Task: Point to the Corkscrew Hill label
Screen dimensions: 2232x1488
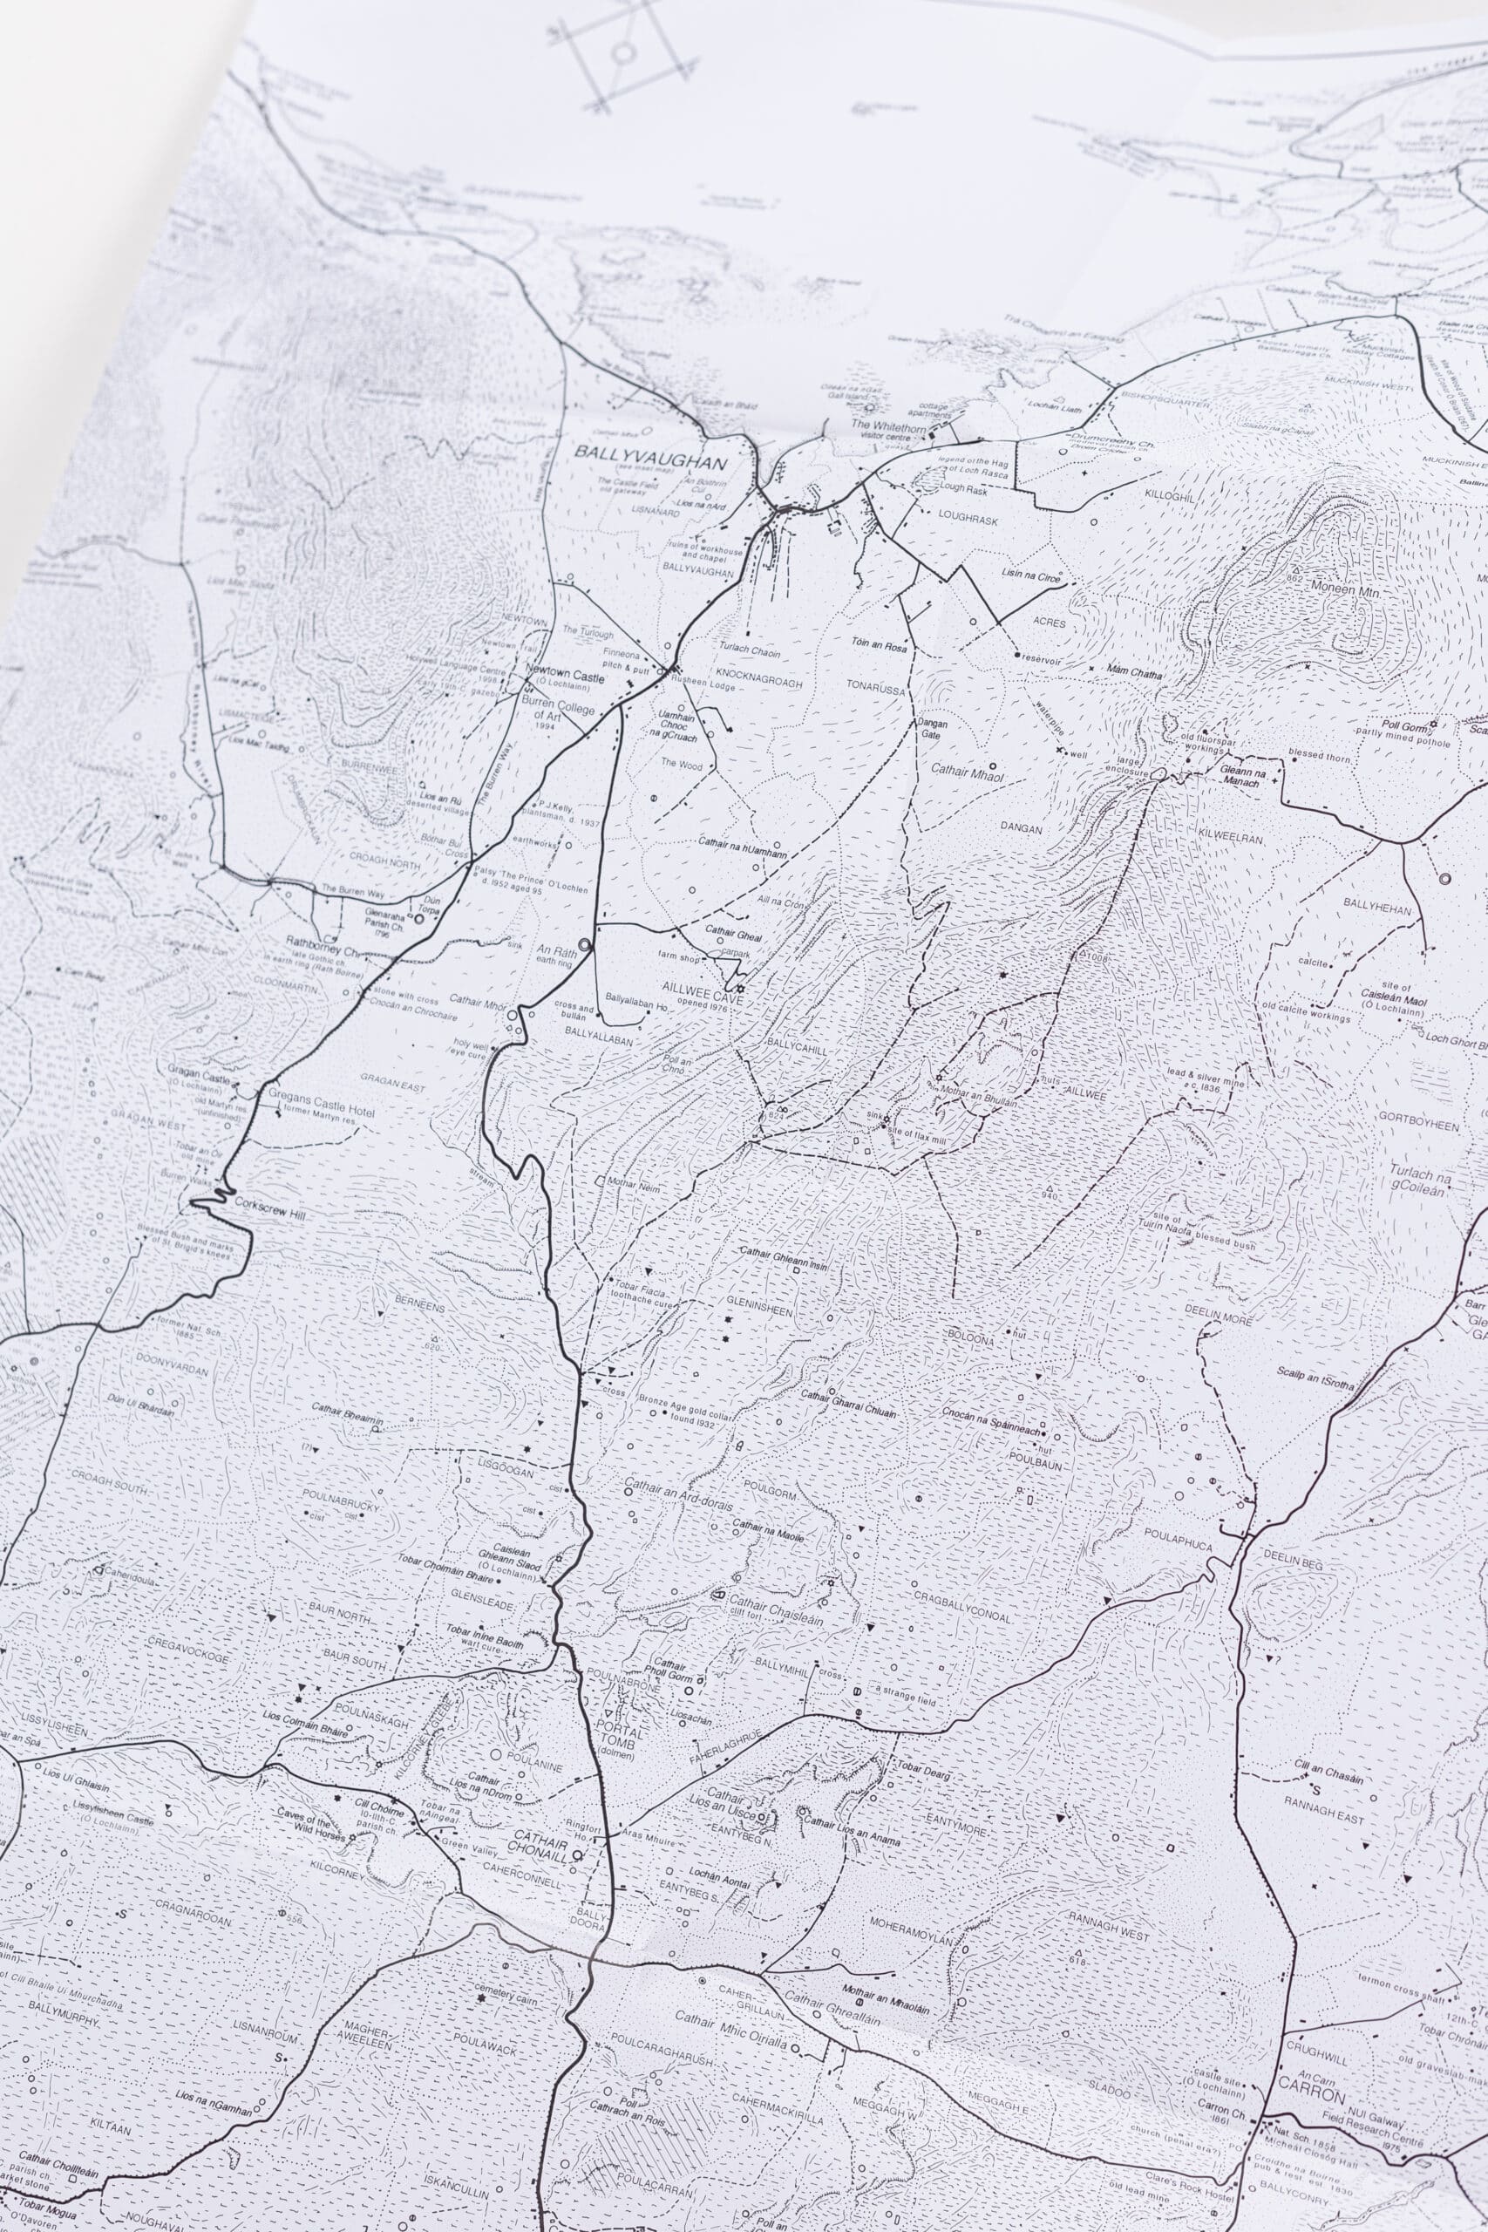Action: click(286, 1214)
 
